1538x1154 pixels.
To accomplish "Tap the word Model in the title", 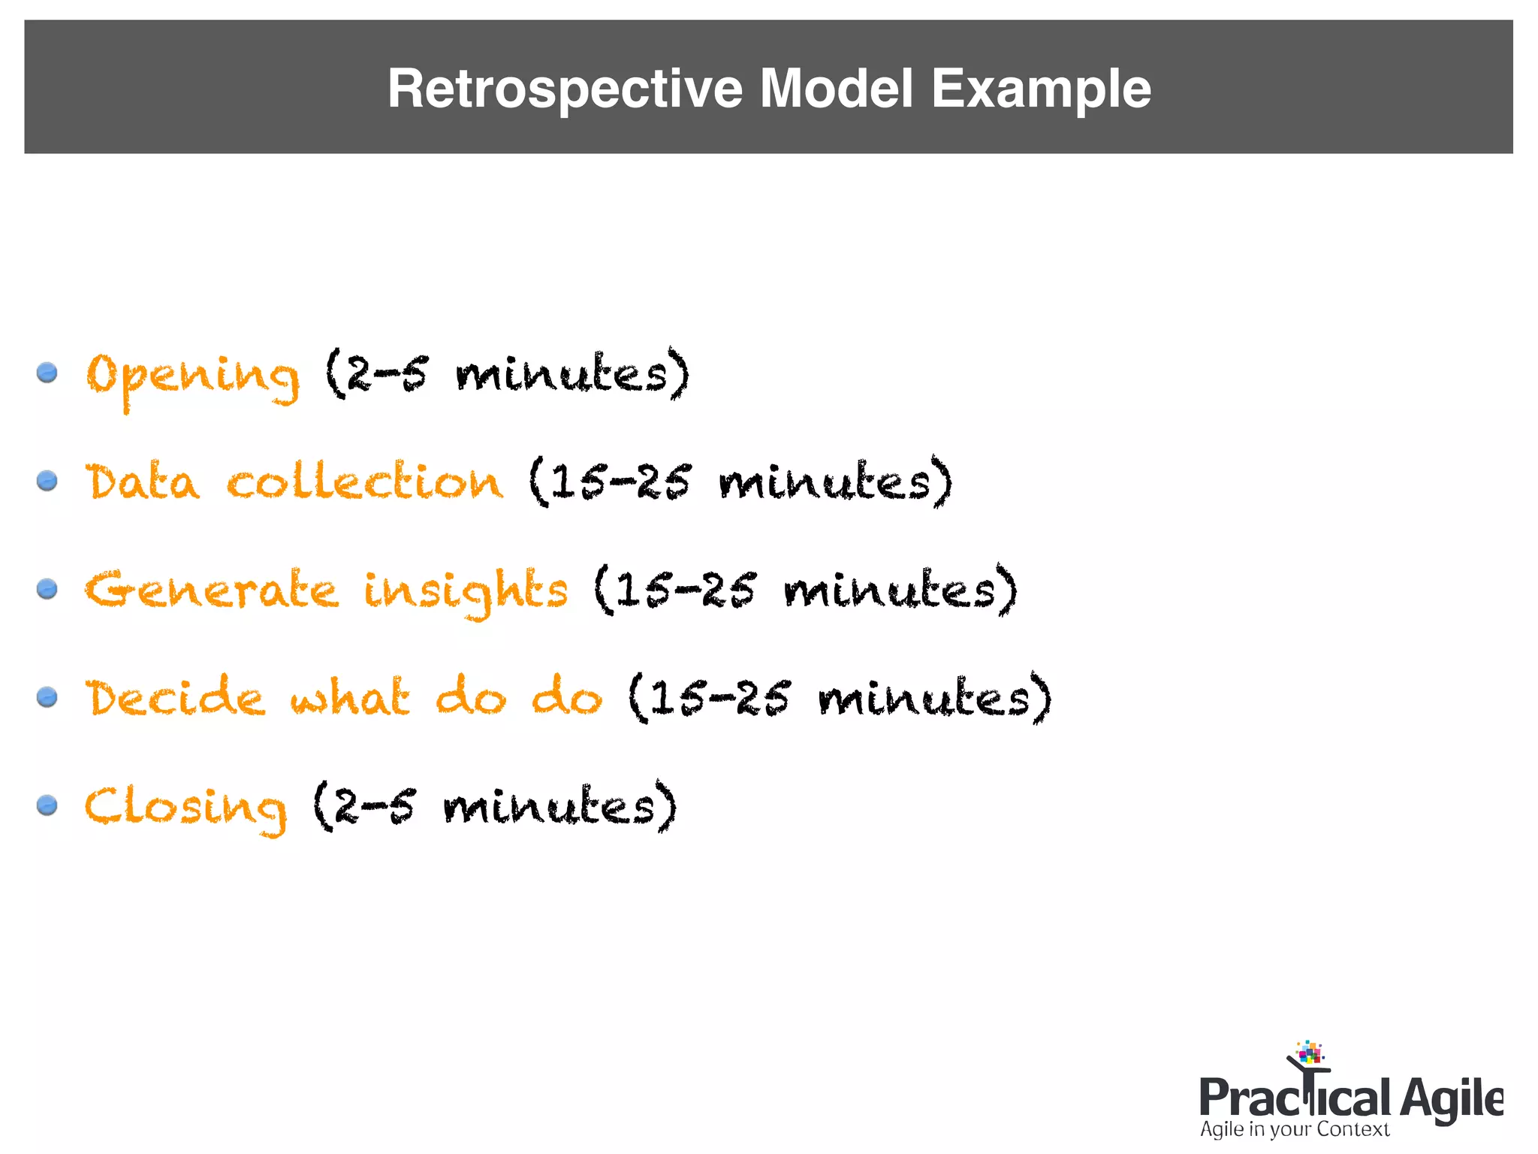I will tap(837, 89).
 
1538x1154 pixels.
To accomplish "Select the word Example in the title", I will tap(1041, 89).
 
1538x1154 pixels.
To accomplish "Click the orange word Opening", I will tap(193, 376).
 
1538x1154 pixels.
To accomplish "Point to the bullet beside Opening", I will tap(47, 372).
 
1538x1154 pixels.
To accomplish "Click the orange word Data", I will tap(143, 482).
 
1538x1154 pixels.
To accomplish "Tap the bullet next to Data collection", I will tap(47, 480).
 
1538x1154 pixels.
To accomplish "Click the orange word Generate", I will tap(212, 590).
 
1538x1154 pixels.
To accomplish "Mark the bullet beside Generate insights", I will tap(47, 588).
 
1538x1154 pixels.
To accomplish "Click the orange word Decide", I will tap(175, 697).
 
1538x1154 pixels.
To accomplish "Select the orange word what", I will tap(350, 697).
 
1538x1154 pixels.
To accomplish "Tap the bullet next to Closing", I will tap(47, 805).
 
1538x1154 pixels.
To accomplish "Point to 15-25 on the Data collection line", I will tap(621, 482).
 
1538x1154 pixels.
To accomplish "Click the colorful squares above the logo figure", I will tap(1310, 1052).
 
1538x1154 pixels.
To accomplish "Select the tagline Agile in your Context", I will tap(1294, 1129).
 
